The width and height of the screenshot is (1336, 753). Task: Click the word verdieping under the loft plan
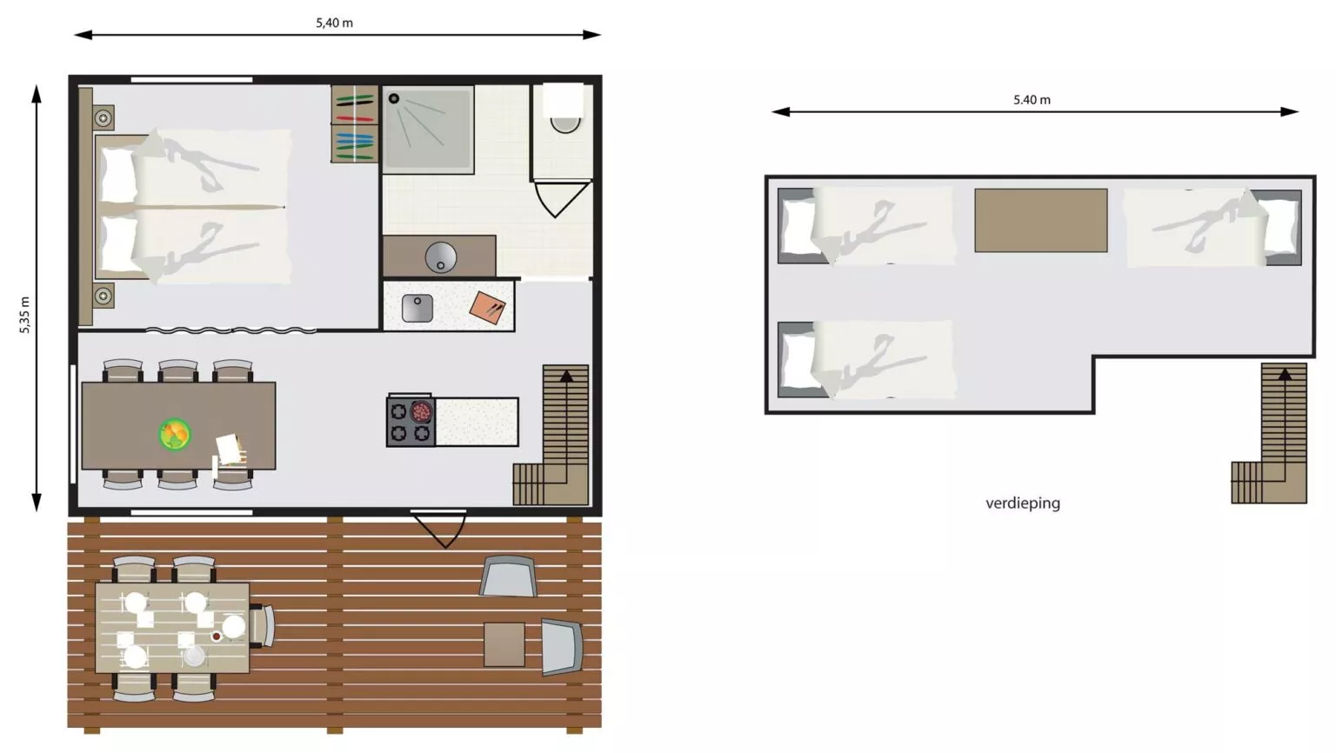point(1023,503)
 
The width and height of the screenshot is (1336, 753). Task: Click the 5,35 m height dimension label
point(24,315)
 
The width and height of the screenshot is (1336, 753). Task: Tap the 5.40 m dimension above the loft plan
point(1032,100)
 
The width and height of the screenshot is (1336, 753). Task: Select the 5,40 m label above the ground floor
point(334,23)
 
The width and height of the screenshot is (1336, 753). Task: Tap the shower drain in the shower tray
point(394,99)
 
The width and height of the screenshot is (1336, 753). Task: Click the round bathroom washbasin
point(441,257)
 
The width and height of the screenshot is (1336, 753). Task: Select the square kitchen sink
point(417,308)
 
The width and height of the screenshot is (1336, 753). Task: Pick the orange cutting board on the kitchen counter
point(487,308)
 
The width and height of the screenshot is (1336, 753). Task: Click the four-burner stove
point(411,421)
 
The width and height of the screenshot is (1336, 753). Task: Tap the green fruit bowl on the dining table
point(175,434)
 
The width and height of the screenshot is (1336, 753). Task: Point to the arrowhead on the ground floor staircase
point(566,376)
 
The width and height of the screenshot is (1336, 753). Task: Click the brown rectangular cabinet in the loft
point(1041,221)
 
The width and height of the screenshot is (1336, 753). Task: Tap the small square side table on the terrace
point(504,644)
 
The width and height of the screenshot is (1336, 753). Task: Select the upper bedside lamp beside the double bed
point(104,118)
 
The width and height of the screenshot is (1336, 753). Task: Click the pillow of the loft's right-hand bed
point(1280,227)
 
